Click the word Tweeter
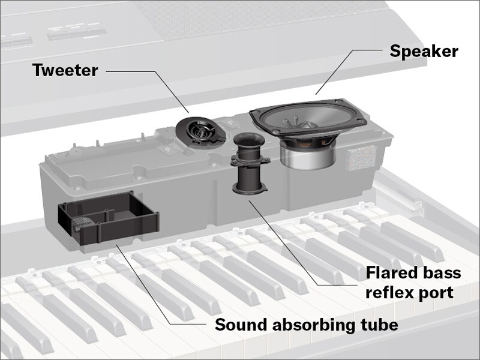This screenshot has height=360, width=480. point(65,70)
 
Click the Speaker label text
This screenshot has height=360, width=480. point(424,51)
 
